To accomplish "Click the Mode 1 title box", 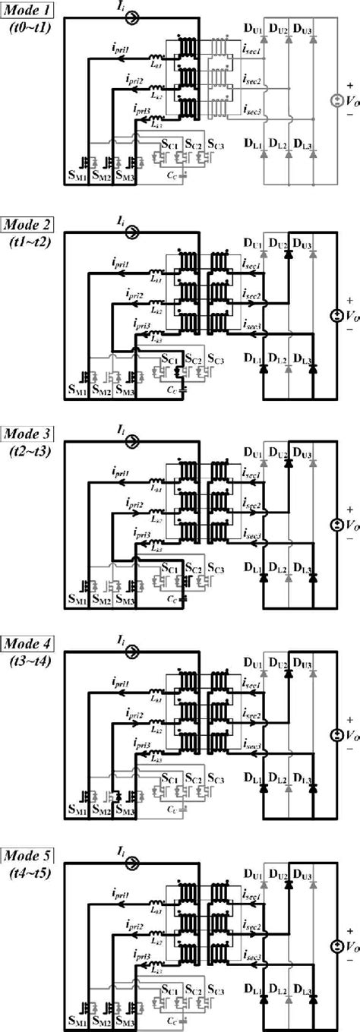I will (27, 14).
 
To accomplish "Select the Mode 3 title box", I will (27, 434).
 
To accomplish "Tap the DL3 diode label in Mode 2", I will (304, 357).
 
